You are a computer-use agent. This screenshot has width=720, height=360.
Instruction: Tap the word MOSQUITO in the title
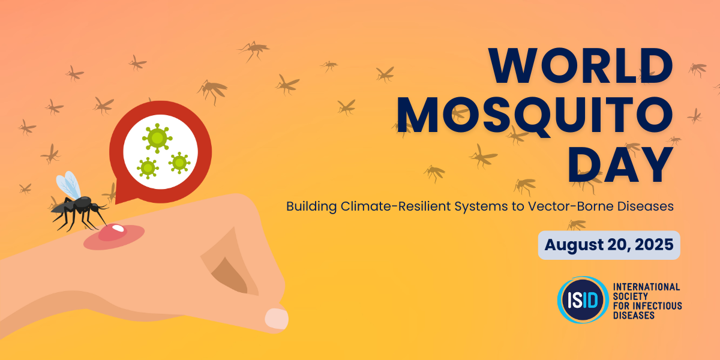coord(536,116)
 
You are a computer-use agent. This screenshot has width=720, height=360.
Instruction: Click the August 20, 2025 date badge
coord(608,245)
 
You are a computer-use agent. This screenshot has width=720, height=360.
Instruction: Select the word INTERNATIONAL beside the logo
coord(646,287)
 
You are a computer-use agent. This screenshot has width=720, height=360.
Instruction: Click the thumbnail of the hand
coord(277,318)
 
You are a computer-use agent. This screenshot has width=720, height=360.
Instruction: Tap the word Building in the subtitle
coord(310,206)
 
